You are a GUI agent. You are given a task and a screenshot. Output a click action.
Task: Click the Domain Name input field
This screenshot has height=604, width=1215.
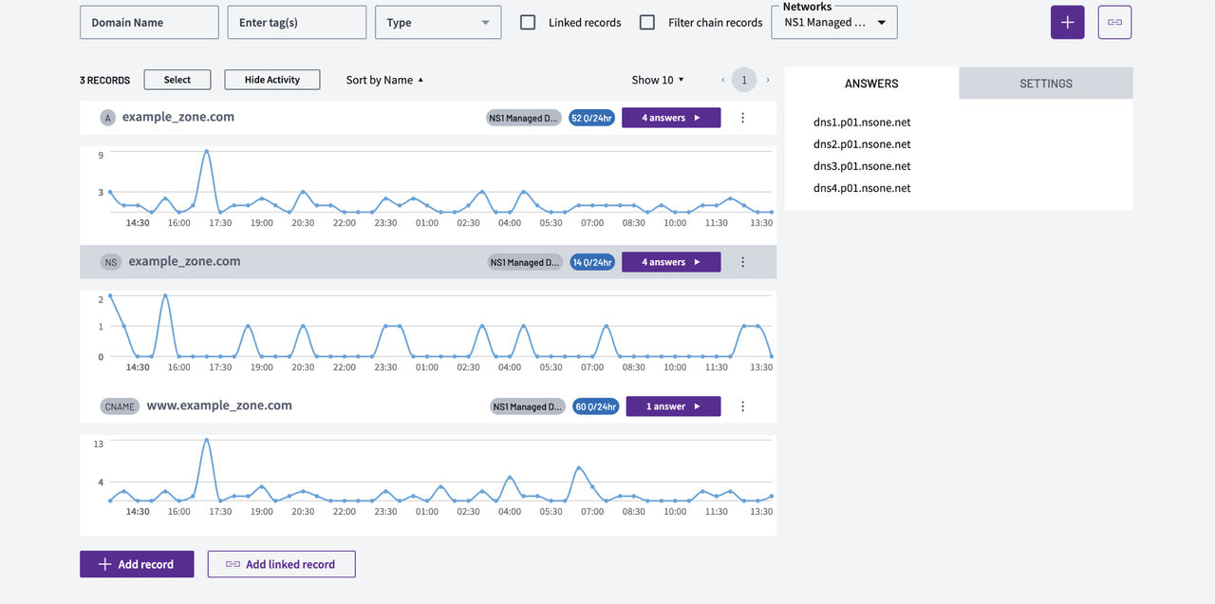(x=149, y=22)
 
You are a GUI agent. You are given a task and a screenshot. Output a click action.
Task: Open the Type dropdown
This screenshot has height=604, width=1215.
(x=438, y=22)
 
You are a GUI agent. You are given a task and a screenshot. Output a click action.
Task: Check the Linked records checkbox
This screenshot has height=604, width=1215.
(x=528, y=22)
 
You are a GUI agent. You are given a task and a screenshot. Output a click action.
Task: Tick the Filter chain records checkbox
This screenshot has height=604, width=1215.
(x=647, y=22)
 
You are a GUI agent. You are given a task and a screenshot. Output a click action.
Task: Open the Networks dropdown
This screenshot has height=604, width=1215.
(x=834, y=22)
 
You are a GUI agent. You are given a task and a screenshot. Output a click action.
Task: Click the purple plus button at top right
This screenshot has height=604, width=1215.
(x=1068, y=22)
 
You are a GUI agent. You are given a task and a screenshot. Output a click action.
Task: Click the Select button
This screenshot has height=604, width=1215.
(x=178, y=80)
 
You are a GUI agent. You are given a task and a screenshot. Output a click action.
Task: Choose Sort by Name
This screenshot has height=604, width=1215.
(x=384, y=80)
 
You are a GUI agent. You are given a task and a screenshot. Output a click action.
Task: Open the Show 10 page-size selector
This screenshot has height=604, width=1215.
(x=658, y=80)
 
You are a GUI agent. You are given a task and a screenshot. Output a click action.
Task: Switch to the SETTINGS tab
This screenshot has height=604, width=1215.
(x=1046, y=83)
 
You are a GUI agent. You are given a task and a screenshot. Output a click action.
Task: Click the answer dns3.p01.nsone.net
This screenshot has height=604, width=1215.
(x=862, y=166)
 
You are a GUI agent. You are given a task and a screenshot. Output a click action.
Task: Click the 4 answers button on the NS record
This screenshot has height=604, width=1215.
(x=671, y=262)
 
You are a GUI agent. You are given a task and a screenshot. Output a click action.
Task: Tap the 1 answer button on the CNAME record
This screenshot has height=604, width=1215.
(x=673, y=406)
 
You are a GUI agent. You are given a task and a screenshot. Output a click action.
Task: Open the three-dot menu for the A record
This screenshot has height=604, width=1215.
(x=742, y=118)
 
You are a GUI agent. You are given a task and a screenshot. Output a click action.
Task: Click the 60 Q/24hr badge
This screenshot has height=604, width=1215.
(x=595, y=406)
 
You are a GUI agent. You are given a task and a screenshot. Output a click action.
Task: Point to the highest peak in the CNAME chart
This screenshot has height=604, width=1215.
(x=207, y=440)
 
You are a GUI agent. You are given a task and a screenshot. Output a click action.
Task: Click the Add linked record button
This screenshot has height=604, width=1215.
(x=282, y=564)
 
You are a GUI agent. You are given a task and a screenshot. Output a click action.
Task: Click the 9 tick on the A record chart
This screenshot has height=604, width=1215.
(x=101, y=155)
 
